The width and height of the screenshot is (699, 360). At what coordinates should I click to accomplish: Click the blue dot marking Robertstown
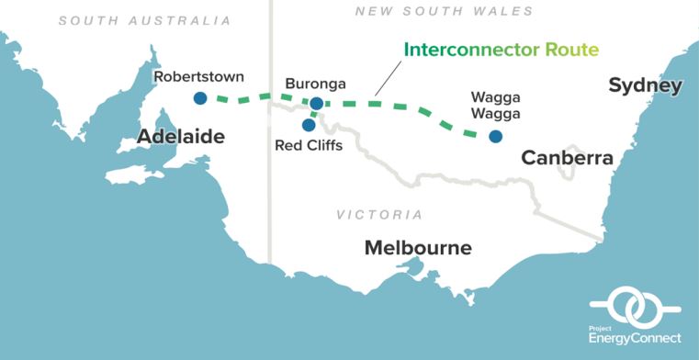pos(199,98)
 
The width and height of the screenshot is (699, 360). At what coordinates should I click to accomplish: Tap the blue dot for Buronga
pos(316,104)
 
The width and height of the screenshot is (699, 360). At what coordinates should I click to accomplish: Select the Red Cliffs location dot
pos(309,124)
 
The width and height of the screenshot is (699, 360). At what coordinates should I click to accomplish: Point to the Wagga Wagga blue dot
pos(495,137)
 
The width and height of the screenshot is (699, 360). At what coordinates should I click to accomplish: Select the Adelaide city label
pos(181,136)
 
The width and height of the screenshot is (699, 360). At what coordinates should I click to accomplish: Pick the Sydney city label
pos(645,86)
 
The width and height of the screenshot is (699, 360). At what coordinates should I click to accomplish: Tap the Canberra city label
pos(567,159)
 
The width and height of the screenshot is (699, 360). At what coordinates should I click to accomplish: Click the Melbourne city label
pos(418,248)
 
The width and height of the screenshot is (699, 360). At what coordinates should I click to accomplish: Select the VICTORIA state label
pos(379,215)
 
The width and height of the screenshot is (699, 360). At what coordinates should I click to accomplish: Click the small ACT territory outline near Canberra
pos(578,148)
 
